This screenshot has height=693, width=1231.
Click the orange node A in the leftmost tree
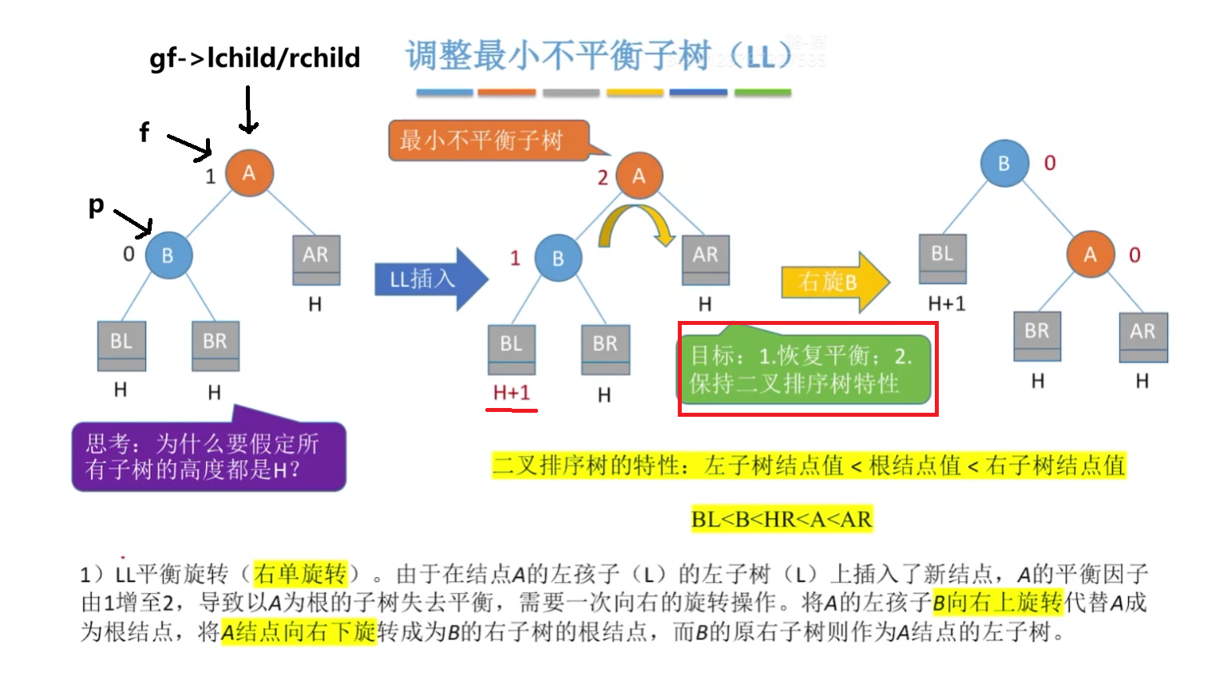249,172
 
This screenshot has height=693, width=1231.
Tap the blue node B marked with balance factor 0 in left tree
168,255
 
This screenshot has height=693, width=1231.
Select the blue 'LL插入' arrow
429,279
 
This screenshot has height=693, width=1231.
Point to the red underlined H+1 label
511,393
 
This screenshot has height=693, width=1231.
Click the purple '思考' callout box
208,455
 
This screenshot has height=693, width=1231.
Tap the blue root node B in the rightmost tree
1003,163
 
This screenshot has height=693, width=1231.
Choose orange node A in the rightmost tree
1090,255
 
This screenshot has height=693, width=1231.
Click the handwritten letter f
144,132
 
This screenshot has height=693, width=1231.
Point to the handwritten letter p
96,206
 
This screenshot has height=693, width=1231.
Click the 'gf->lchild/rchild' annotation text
255,58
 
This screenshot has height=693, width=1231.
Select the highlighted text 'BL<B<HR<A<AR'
782,519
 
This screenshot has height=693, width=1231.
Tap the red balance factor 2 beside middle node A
603,177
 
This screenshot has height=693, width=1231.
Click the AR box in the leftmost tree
316,259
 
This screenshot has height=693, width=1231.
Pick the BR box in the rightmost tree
1037,335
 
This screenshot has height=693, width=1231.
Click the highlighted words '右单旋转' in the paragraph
300,573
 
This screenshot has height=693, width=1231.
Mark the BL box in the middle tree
511,348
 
